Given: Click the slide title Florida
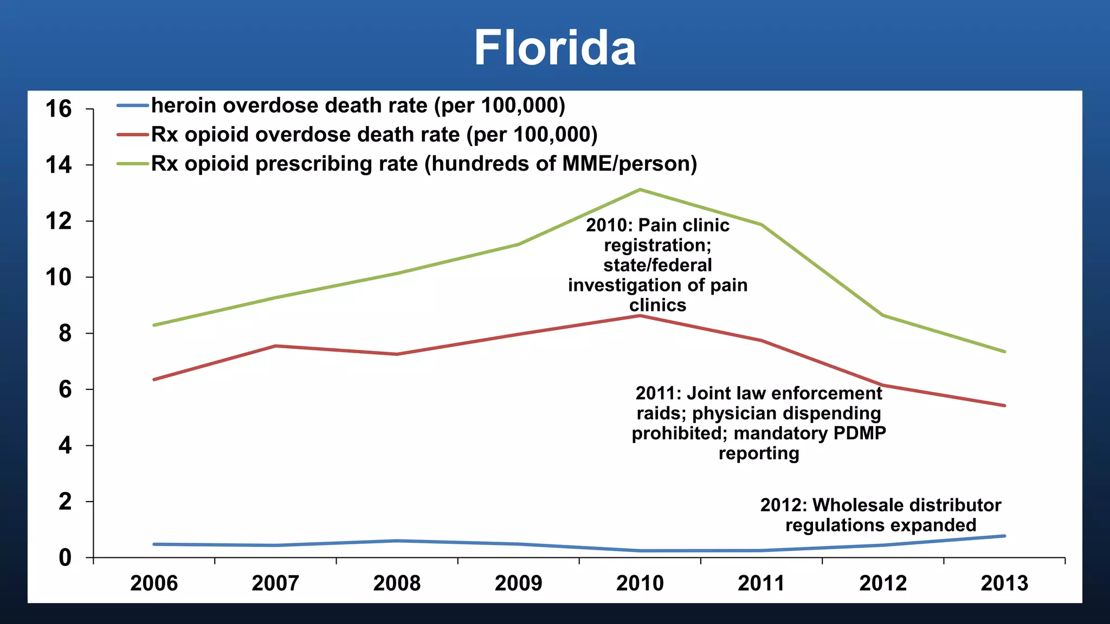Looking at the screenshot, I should click(554, 48).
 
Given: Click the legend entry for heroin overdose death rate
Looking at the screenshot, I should click(358, 106).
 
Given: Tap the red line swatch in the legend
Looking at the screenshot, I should click(132, 135).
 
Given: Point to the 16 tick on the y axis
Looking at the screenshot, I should click(59, 109).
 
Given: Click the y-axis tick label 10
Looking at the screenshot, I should click(59, 277).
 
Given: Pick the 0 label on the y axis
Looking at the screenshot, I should click(64, 557).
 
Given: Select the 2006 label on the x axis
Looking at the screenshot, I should click(154, 583).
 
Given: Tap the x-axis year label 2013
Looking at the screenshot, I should click(1004, 583).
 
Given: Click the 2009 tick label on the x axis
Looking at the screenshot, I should click(518, 583).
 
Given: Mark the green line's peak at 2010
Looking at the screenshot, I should click(640, 190).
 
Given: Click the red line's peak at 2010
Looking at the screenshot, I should click(640, 316).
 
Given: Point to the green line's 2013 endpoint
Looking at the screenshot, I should click(1004, 352).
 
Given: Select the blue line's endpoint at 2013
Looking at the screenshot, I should click(1004, 536).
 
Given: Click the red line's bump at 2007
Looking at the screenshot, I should click(275, 346).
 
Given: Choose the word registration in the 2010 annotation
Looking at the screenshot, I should click(657, 245).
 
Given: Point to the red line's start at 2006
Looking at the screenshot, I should click(154, 379).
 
